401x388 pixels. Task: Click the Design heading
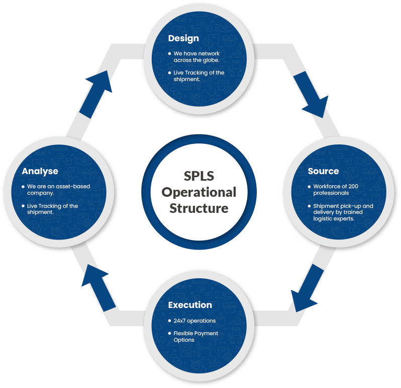point(183,38)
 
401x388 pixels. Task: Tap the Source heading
point(323,171)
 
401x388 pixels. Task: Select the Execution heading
point(190,304)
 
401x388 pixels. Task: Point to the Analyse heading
point(40,171)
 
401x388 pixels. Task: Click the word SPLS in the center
point(198,176)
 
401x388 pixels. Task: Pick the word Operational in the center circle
point(198,192)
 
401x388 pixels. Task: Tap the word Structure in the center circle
point(198,208)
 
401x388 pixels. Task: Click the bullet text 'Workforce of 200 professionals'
point(335,190)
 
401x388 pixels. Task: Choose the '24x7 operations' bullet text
point(194,321)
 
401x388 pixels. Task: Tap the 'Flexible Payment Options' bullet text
point(195,336)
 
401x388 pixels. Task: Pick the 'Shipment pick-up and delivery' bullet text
point(343,212)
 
